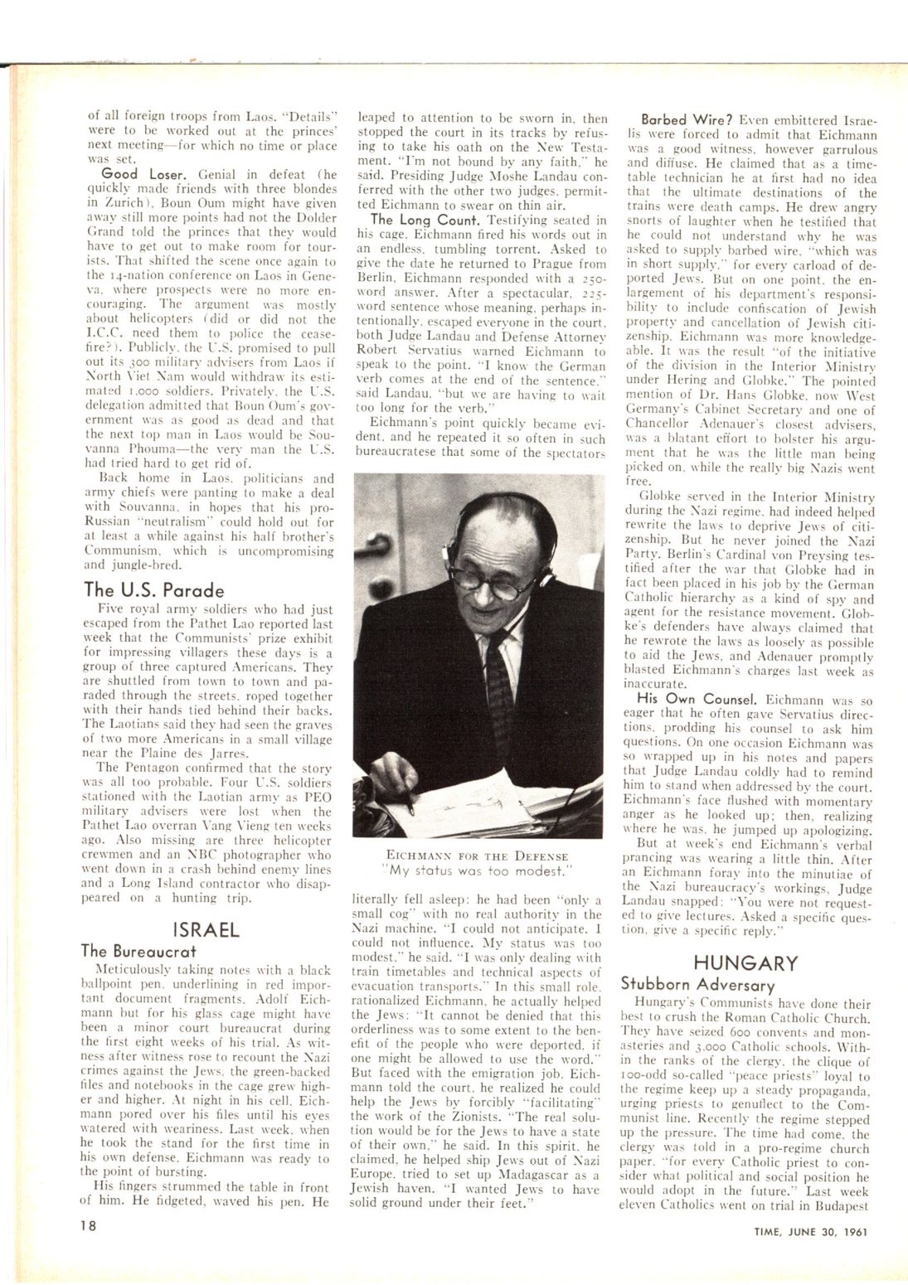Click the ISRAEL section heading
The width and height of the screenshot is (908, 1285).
click(x=206, y=929)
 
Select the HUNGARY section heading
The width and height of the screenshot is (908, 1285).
click(x=745, y=963)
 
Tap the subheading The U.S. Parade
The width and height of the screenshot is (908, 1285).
click(x=154, y=590)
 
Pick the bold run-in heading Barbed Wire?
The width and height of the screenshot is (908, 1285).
click(x=686, y=119)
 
